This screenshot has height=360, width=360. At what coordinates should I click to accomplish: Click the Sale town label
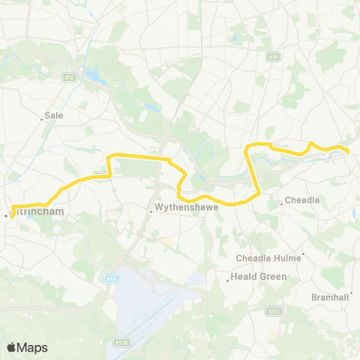click(x=55, y=115)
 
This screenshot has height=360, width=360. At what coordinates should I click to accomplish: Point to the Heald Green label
click(x=256, y=277)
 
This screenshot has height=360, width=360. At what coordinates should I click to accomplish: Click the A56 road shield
click(x=70, y=76)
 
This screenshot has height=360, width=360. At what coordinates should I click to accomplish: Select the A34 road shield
click(x=274, y=58)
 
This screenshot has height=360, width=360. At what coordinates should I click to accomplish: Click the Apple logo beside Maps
click(x=12, y=347)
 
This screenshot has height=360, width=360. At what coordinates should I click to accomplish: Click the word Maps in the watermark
click(x=33, y=347)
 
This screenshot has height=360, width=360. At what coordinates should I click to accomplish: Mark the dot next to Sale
click(x=41, y=118)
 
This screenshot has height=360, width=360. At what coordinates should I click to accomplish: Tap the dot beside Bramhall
click(x=351, y=292)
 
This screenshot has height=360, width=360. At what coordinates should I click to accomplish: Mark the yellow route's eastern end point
click(x=349, y=151)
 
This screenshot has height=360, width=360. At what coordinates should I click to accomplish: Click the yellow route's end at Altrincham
click(x=10, y=217)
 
